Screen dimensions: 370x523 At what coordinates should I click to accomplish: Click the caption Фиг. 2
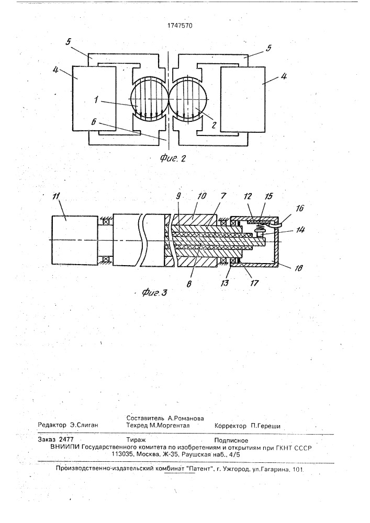click(173, 158)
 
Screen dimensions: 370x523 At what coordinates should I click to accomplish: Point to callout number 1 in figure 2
click(96, 100)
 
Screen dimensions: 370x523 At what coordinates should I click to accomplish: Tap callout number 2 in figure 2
click(214, 125)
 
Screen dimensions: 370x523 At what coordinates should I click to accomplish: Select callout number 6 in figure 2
click(95, 122)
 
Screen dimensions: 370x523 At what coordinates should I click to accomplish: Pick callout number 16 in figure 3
click(300, 208)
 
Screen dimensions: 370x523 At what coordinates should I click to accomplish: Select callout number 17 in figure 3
click(254, 283)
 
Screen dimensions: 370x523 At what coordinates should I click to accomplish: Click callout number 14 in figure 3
click(300, 230)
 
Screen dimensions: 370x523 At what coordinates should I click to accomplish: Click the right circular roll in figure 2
click(188, 99)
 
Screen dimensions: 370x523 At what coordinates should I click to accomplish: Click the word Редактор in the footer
click(52, 426)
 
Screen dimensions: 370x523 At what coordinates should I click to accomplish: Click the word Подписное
click(231, 440)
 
